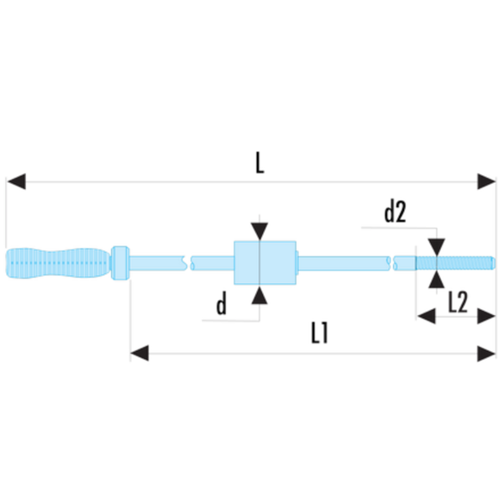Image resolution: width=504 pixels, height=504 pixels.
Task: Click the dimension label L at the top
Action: point(260,163)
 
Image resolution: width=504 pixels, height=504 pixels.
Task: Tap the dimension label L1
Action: point(319,333)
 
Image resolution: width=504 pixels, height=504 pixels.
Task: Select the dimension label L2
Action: point(458,302)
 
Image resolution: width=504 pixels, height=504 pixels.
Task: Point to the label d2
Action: point(395,212)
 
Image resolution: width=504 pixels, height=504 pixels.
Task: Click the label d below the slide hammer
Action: point(222,304)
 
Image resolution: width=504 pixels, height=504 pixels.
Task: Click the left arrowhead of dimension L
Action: point(16,181)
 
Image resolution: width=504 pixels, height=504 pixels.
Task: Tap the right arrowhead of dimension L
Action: point(486,181)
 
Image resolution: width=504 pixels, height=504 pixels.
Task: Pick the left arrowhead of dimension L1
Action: point(139,354)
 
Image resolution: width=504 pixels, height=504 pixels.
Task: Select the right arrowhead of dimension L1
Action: point(486,354)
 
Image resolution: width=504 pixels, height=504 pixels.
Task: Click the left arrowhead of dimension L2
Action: point(427,317)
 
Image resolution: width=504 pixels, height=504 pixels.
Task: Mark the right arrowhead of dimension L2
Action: point(486,317)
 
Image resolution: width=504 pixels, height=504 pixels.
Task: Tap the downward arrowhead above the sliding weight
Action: point(260,232)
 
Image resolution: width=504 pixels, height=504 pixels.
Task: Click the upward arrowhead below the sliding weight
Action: point(259,295)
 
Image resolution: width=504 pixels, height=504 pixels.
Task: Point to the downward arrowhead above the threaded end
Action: point(437,247)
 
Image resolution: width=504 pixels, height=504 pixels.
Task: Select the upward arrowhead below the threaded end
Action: point(437,280)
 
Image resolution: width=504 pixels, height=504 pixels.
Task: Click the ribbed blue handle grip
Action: point(59,263)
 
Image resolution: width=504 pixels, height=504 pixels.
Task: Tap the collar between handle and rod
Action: point(120,263)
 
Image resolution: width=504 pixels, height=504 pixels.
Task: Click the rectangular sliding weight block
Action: point(265,263)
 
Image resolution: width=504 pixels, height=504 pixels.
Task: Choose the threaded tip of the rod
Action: point(455,263)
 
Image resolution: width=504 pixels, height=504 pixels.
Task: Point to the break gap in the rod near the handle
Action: point(189,263)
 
